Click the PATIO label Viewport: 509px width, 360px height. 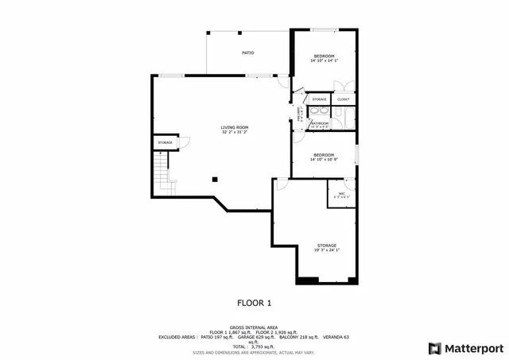click(x=247, y=52)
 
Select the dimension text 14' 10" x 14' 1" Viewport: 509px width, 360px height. click(x=324, y=60)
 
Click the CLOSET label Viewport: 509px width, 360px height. click(x=343, y=99)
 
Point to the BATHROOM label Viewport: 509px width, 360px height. click(x=320, y=123)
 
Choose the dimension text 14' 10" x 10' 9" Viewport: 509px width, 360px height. click(x=324, y=159)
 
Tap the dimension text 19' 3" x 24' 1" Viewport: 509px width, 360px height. click(x=327, y=250)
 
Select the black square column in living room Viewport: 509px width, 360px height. click(x=215, y=179)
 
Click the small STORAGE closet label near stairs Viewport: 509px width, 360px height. click(x=165, y=142)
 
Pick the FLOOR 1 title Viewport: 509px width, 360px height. click(x=254, y=303)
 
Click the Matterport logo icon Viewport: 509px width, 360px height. click(x=434, y=348)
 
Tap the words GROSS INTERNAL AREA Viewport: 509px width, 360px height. click(x=254, y=327)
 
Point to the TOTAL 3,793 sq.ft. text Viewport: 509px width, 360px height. click(x=254, y=346)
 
